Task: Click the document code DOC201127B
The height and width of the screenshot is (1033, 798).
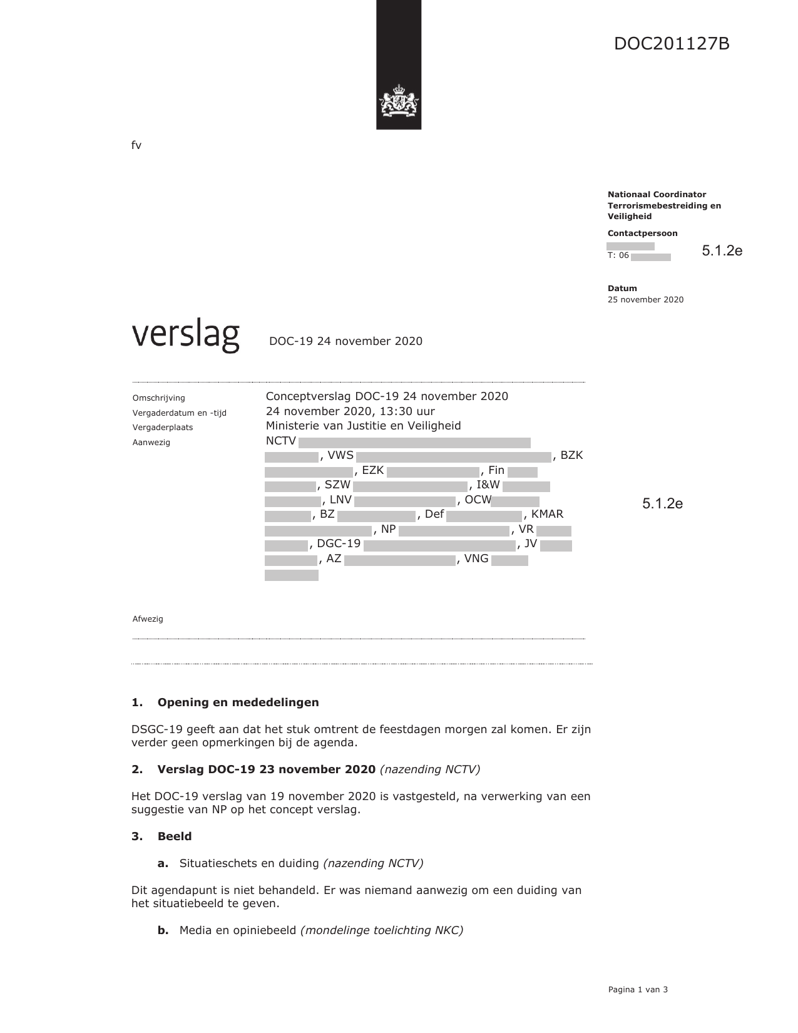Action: [x=672, y=44]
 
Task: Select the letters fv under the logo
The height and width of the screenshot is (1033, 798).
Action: [x=136, y=146]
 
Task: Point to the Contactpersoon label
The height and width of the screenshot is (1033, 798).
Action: [x=642, y=234]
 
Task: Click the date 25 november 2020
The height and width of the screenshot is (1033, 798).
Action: [x=645, y=300]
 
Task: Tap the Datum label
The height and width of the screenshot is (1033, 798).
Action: [x=622, y=289]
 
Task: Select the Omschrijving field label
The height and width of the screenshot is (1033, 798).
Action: [x=159, y=398]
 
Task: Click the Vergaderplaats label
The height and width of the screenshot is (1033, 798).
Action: [x=163, y=428]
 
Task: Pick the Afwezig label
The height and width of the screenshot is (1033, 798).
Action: [x=148, y=619]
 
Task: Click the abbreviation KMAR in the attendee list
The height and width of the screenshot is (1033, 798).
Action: [x=547, y=515]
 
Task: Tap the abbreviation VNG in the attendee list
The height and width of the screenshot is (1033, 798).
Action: [x=476, y=558]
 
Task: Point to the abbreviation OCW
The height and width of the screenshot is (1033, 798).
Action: [x=478, y=500]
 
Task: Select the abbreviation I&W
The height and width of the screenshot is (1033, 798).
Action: [x=488, y=485]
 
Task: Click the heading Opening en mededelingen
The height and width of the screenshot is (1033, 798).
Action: [x=238, y=702]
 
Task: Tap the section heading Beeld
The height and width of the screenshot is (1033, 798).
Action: [x=175, y=836]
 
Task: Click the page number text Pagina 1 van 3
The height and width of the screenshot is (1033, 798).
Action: [x=638, y=990]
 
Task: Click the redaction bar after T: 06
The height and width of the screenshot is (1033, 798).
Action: [x=651, y=257]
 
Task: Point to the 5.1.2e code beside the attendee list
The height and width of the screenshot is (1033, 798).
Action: [x=662, y=504]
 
